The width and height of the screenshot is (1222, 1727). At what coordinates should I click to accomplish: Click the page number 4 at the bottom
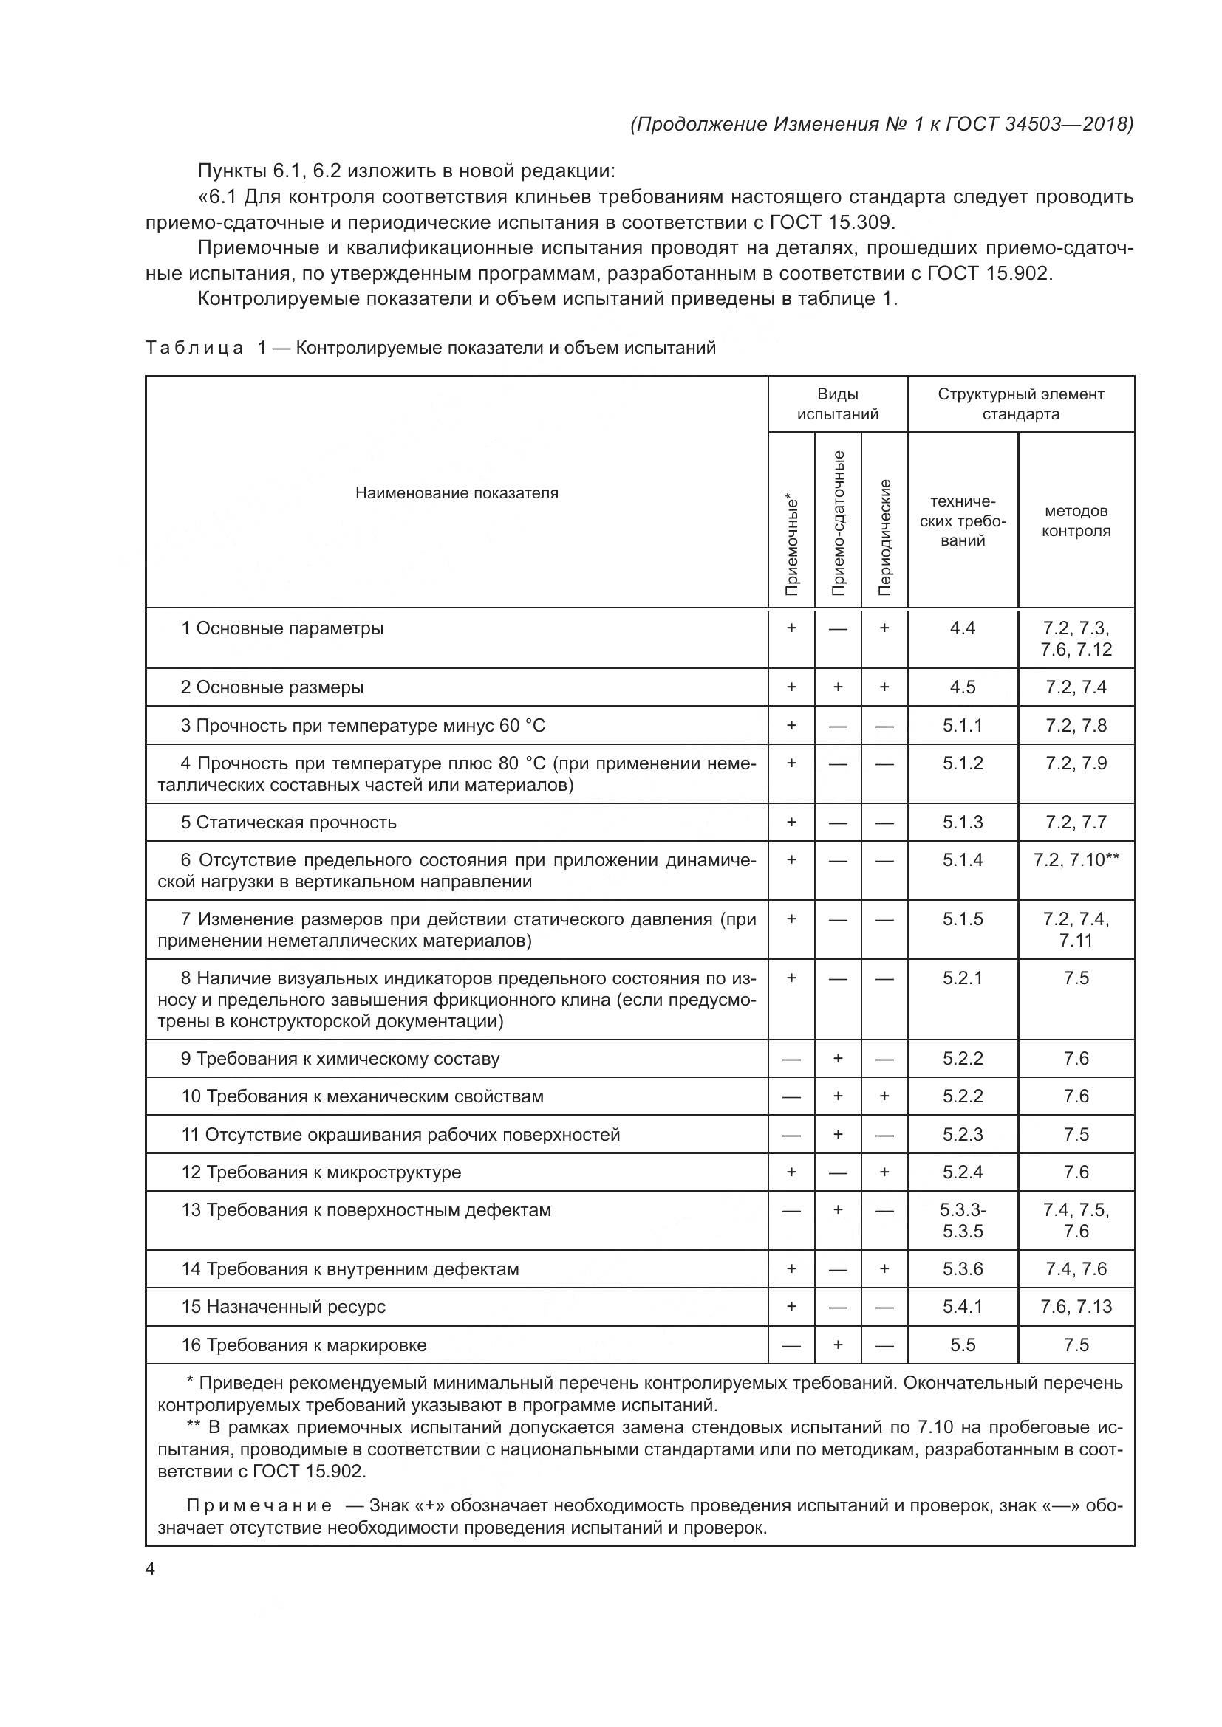151,1569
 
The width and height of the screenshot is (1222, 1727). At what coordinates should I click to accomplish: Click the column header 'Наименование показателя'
457,493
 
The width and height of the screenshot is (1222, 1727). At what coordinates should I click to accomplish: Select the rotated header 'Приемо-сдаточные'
839,523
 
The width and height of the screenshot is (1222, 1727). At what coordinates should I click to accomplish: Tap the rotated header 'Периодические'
885,537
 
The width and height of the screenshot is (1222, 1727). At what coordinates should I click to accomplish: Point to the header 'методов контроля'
1075,521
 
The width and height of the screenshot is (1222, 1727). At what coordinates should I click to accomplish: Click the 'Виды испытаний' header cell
838,404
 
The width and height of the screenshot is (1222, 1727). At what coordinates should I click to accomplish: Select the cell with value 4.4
963,628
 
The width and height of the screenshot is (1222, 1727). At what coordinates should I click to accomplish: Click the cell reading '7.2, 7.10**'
1075,859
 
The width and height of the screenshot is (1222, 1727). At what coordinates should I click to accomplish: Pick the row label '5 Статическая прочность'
288,822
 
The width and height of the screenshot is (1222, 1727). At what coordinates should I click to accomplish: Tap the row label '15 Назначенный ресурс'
283,1307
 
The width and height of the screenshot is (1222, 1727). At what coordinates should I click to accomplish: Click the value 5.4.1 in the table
963,1307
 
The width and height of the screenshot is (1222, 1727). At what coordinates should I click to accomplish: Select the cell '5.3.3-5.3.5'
963,1220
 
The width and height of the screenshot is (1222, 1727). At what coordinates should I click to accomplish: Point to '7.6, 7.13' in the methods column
1075,1307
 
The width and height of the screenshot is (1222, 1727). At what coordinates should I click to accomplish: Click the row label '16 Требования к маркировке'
303,1345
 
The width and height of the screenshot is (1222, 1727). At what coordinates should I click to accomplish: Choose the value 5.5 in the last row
963,1345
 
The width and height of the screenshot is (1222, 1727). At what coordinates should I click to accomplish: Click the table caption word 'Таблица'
194,349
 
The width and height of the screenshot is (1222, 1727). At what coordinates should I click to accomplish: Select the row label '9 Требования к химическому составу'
340,1058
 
